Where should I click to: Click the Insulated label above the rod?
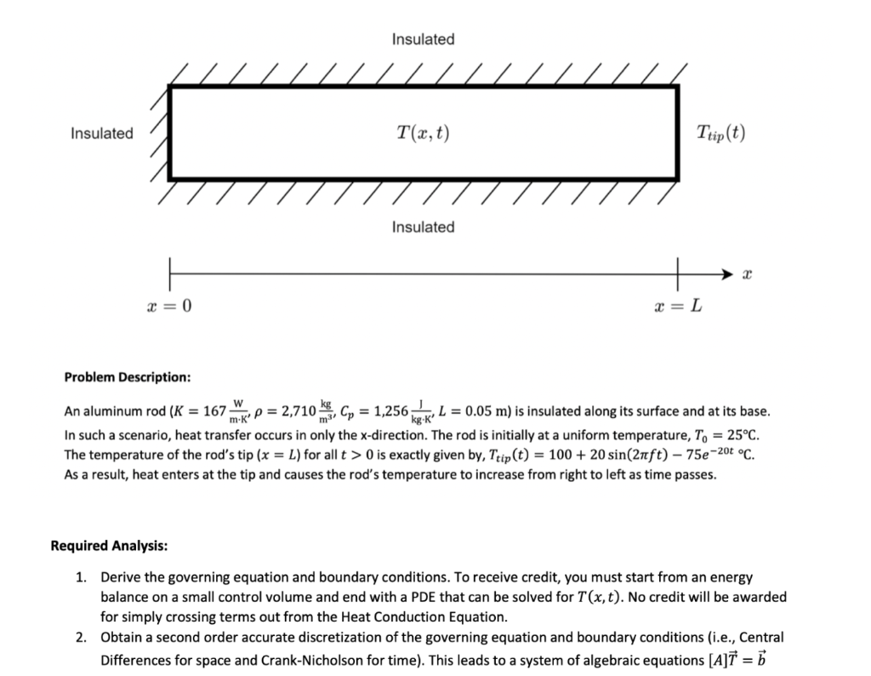click(423, 40)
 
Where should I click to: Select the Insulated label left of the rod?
click(102, 134)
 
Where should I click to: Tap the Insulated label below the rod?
click(423, 227)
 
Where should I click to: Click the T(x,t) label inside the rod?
click(424, 133)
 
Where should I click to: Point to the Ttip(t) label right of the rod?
click(720, 134)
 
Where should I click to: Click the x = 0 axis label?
click(170, 306)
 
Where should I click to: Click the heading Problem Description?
click(128, 376)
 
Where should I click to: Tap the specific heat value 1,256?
click(390, 412)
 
